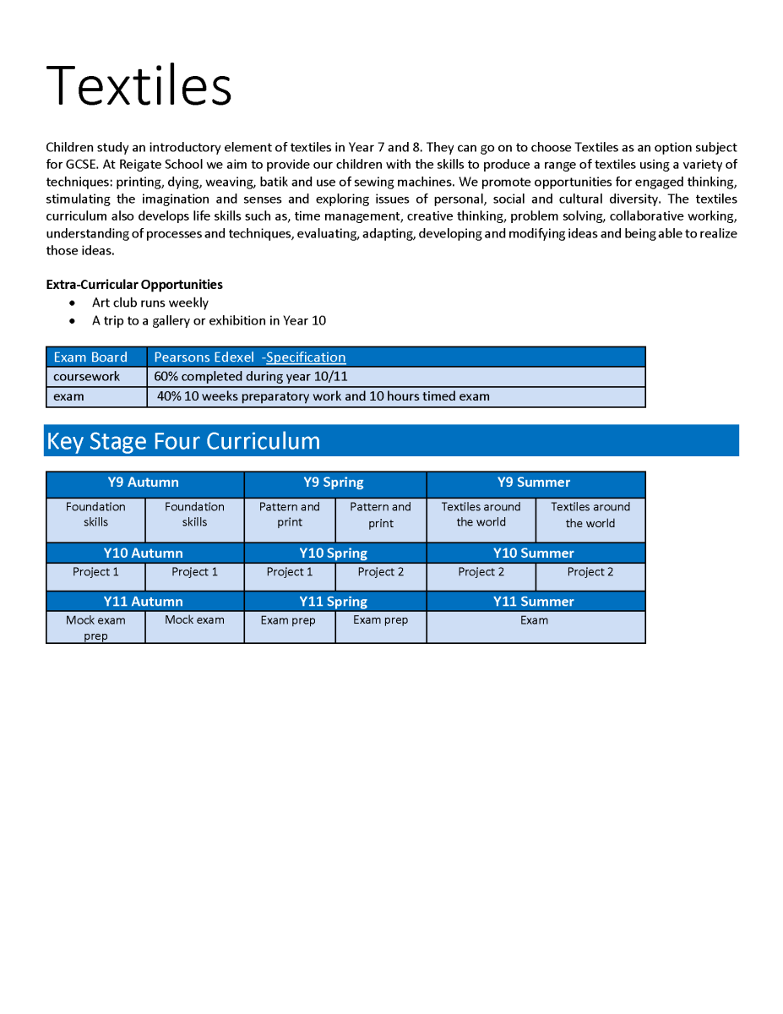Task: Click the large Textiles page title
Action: [x=139, y=85]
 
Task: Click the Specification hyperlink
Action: [x=306, y=357]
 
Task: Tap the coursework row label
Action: [x=87, y=377]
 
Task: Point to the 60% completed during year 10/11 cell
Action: [x=251, y=377]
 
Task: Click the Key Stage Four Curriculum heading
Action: [x=183, y=441]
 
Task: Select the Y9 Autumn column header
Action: [x=144, y=482]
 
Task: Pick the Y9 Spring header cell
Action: [x=334, y=482]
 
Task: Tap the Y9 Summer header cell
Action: [x=534, y=482]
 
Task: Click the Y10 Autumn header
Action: [x=144, y=553]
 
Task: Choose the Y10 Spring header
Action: [x=334, y=553]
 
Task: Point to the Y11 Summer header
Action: [x=534, y=602]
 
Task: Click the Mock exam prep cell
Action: [x=95, y=628]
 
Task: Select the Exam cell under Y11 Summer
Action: [x=534, y=620]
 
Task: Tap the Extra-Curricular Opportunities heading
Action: [x=134, y=285]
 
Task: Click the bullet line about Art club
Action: [x=150, y=303]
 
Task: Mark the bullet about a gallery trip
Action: [x=209, y=321]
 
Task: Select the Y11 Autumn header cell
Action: [x=144, y=602]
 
